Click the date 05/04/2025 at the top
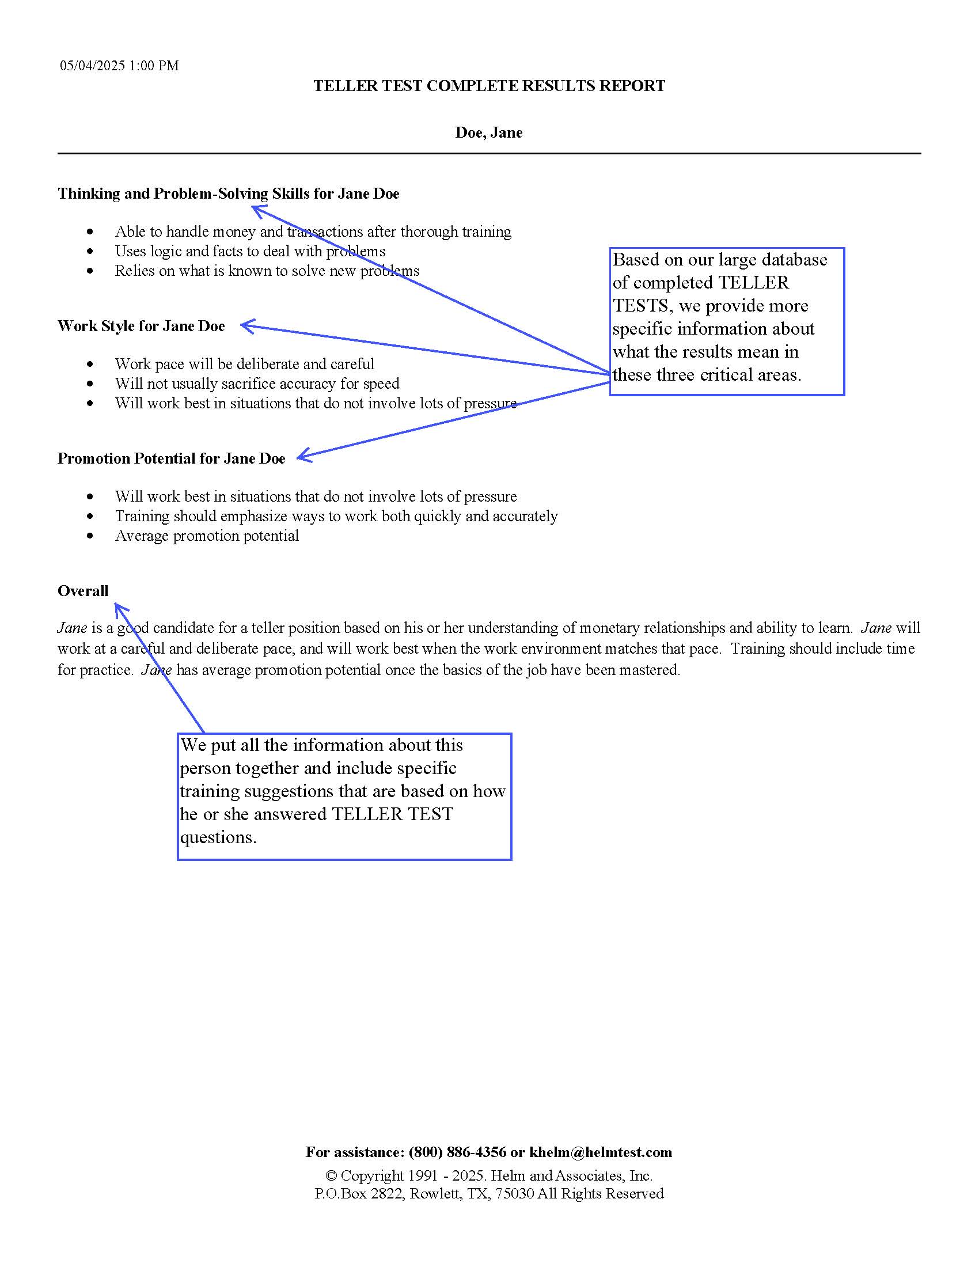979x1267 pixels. [x=92, y=66]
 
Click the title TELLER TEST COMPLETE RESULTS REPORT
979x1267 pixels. [x=489, y=86]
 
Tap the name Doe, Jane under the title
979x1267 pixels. [x=489, y=133]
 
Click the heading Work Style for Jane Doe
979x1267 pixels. [x=141, y=326]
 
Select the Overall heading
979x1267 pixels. [x=83, y=591]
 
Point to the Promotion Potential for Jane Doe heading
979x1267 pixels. [x=171, y=459]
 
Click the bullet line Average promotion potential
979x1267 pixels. [x=207, y=536]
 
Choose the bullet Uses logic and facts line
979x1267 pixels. [x=249, y=251]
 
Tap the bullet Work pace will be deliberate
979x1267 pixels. [x=244, y=365]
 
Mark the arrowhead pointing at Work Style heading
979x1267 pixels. [x=246, y=326]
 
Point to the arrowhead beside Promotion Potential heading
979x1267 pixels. [x=303, y=457]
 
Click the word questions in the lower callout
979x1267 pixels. [x=218, y=837]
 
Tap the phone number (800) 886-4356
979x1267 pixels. [x=457, y=1153]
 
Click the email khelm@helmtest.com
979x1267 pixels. [x=600, y=1153]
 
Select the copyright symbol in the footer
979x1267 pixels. [x=331, y=1176]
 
